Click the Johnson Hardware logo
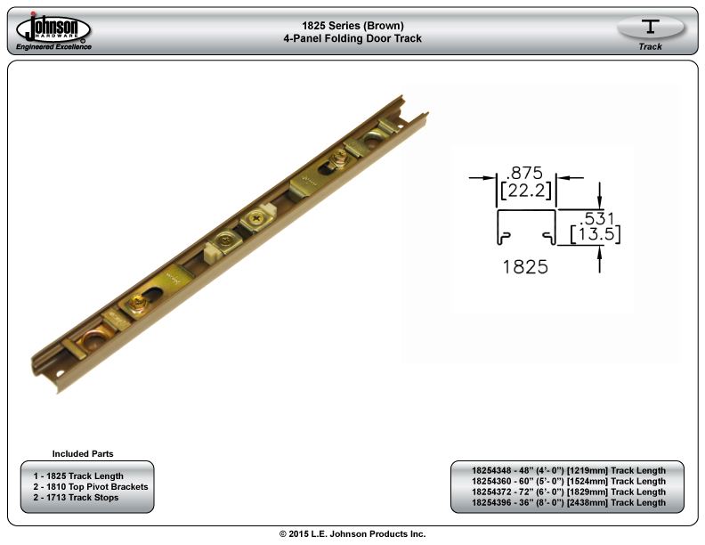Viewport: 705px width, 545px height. pos(53,28)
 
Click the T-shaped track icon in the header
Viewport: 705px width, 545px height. pos(650,26)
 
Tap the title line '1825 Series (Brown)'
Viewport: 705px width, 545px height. pos(352,26)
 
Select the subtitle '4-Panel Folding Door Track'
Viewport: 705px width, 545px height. pos(352,38)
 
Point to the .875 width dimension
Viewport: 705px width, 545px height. pos(524,173)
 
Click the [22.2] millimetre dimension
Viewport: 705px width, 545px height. pos(525,191)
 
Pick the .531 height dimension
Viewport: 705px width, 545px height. pos(596,218)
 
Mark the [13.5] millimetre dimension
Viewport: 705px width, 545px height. pos(596,234)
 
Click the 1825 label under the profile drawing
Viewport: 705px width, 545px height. pos(525,266)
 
